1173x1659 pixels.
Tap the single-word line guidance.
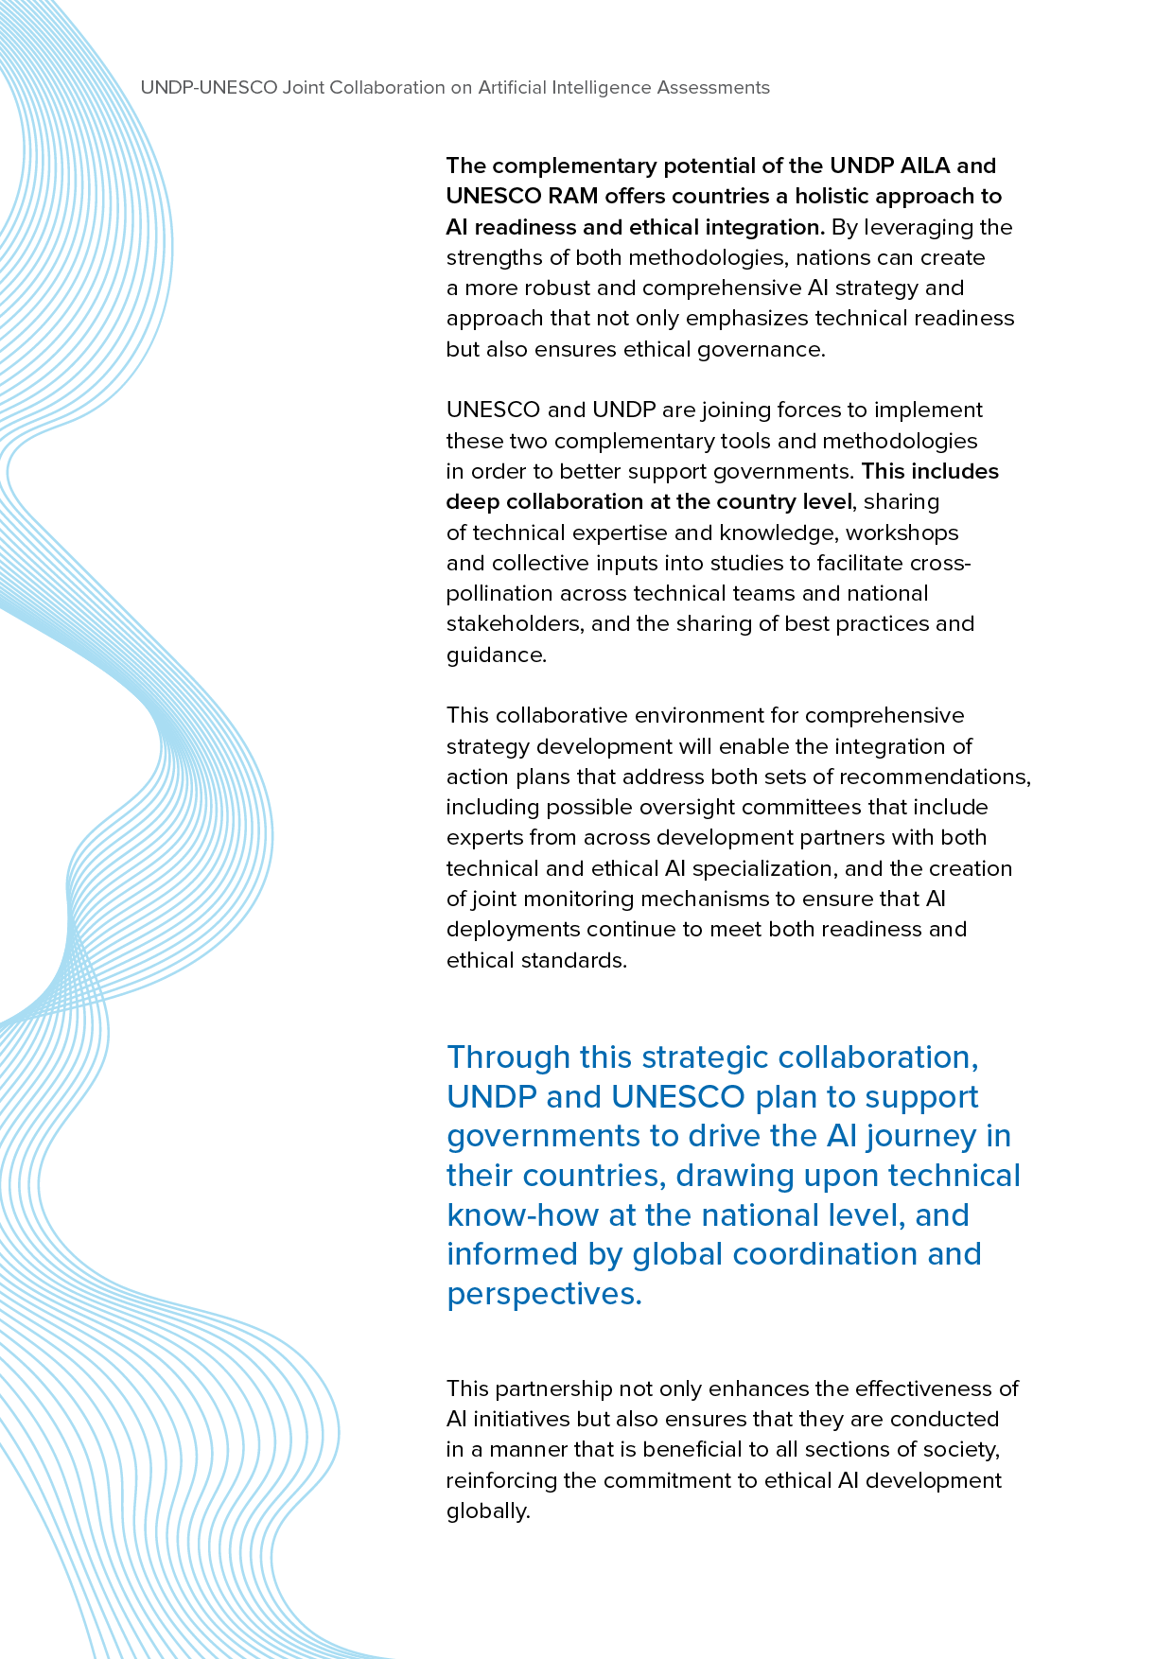coord(496,655)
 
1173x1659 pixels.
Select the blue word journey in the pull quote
coord(921,1136)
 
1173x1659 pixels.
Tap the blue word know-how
coord(523,1215)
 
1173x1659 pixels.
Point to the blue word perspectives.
coord(544,1294)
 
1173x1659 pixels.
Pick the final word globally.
coord(487,1511)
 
